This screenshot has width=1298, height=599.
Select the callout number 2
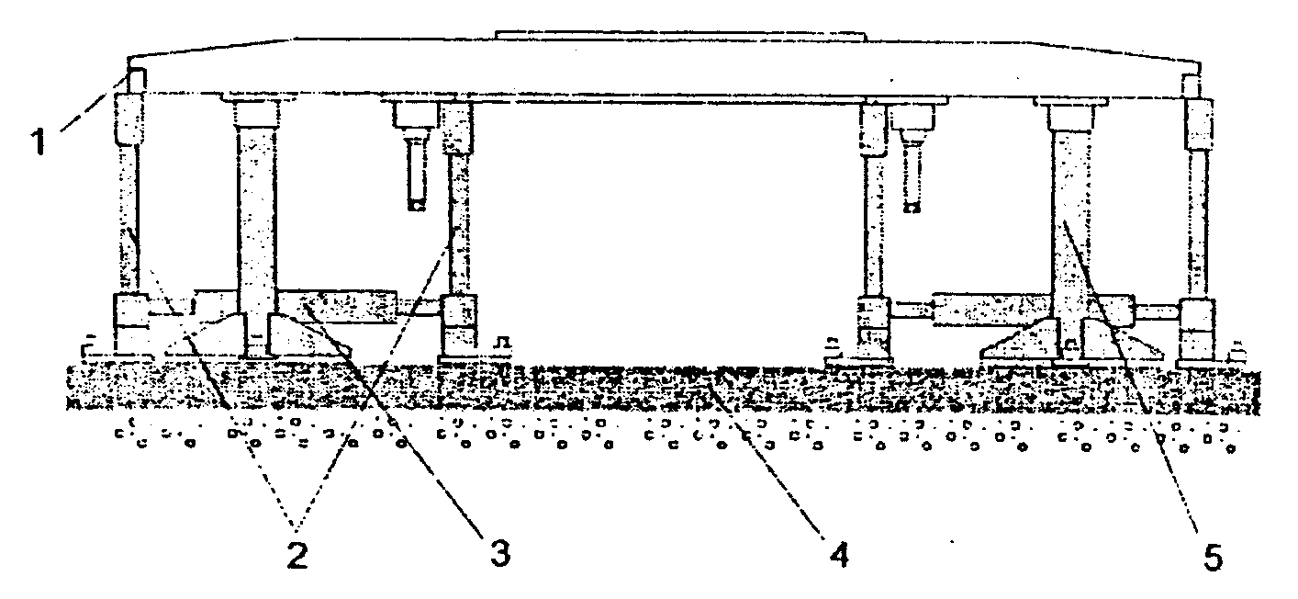(296, 553)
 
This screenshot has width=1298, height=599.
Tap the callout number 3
(498, 552)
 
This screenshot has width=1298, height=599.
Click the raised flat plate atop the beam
(679, 36)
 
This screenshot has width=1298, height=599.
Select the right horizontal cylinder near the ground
(991, 310)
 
